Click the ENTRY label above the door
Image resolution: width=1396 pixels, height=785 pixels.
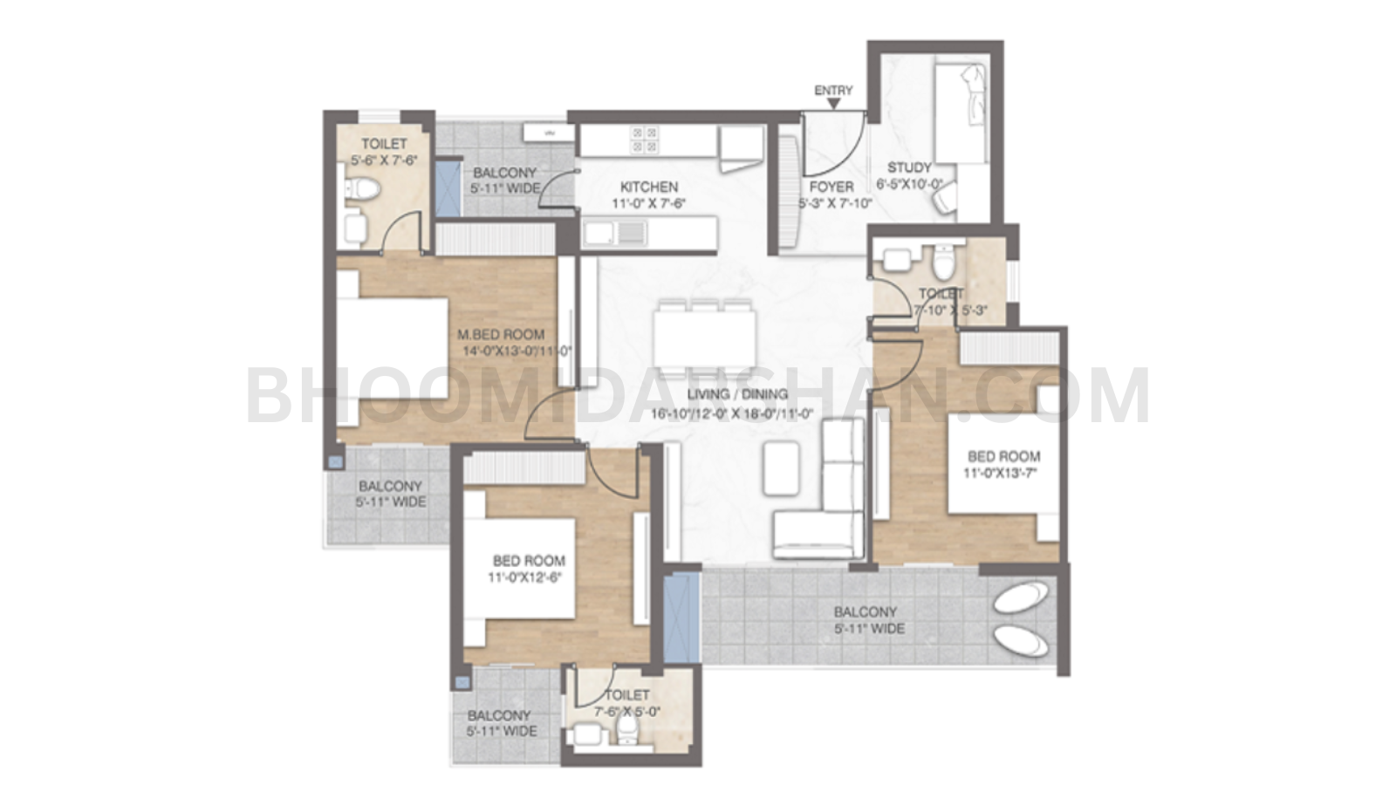(x=833, y=91)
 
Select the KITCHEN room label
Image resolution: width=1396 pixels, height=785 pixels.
(x=648, y=187)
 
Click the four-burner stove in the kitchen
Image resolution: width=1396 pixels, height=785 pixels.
(x=646, y=140)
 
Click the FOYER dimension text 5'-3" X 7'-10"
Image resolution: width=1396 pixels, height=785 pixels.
(x=835, y=204)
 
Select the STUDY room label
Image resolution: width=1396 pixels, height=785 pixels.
(x=909, y=167)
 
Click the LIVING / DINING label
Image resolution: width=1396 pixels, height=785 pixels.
(x=737, y=394)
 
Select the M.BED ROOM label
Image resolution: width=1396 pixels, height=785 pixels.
(x=501, y=334)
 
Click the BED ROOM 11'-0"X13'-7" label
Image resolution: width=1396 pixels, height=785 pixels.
(x=1003, y=456)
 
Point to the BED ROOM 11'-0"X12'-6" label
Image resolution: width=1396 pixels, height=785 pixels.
(x=529, y=561)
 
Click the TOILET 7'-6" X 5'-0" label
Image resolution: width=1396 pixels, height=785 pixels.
(x=626, y=695)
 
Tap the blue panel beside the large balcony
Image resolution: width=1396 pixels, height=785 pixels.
(x=681, y=616)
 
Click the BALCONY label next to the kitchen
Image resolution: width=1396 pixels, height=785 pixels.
(x=504, y=173)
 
